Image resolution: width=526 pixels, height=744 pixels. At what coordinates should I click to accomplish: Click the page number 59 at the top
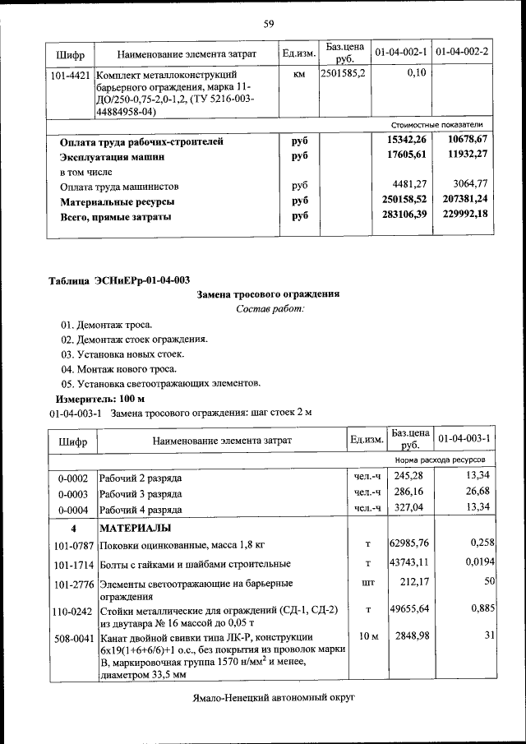268,23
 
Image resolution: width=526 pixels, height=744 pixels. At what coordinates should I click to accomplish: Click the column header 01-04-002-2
462,53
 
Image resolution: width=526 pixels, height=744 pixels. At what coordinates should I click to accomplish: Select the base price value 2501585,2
344,73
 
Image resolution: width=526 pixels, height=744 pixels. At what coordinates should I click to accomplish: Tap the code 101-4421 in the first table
70,74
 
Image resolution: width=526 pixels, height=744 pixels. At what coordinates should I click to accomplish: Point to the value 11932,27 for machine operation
464,155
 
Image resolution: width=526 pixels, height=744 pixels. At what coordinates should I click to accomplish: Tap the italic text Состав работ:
269,308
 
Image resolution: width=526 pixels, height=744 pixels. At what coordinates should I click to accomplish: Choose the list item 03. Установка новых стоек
122,354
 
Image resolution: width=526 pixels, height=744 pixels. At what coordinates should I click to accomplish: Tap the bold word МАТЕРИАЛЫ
136,527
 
